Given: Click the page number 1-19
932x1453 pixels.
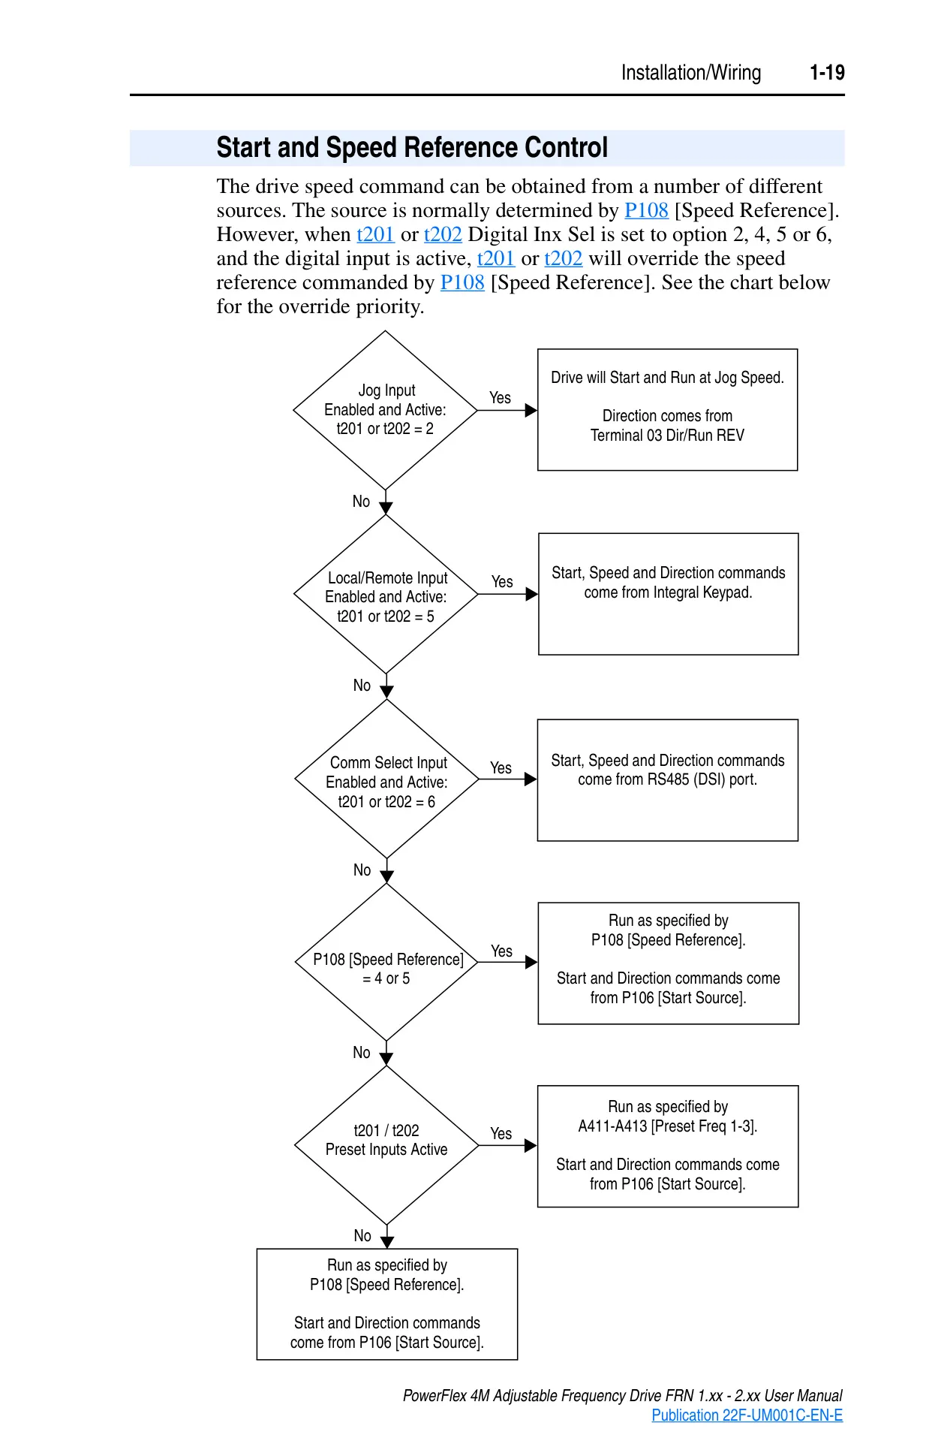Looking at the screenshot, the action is [x=827, y=73].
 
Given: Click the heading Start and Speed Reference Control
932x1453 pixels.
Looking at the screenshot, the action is [x=412, y=147].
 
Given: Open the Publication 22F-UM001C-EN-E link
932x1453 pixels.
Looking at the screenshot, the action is [x=747, y=1415].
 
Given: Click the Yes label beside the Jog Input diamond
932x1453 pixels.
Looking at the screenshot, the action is [x=500, y=398].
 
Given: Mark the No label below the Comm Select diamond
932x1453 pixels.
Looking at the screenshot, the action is [x=362, y=870].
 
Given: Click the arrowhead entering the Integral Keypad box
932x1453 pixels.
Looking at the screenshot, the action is [x=532, y=594].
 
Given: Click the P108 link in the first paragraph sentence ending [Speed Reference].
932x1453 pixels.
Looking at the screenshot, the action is [x=646, y=210].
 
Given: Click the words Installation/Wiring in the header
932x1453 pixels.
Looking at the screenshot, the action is [x=691, y=73].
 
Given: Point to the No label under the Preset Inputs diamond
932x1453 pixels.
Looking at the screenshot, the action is [x=362, y=1235].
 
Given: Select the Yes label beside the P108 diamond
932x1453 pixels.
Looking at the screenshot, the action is [x=501, y=951].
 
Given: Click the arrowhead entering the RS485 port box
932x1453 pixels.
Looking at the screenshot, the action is [x=531, y=779].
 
